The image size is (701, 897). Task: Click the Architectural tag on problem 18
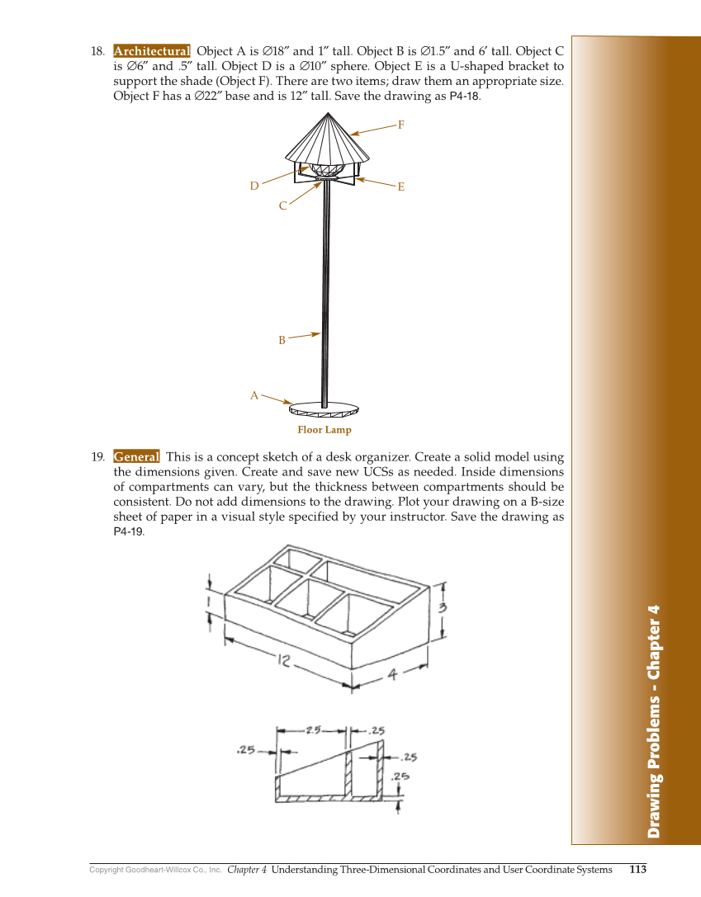(151, 51)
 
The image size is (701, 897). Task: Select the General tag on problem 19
(136, 457)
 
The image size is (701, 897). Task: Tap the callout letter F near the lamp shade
(400, 125)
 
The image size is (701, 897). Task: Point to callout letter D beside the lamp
(255, 186)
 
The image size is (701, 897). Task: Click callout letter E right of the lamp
(400, 187)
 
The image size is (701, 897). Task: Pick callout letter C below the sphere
(282, 205)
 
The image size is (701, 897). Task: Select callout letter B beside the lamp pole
(282, 340)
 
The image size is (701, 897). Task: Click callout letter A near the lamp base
(254, 396)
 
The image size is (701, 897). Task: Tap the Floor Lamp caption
(324, 430)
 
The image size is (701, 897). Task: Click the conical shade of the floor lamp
(327, 140)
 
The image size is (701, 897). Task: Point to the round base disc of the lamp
(325, 408)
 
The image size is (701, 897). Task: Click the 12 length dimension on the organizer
(286, 659)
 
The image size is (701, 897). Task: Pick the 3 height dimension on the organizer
(443, 607)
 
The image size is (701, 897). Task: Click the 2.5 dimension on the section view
(315, 729)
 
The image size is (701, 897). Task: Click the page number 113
(637, 869)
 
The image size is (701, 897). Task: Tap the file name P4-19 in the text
(127, 532)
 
